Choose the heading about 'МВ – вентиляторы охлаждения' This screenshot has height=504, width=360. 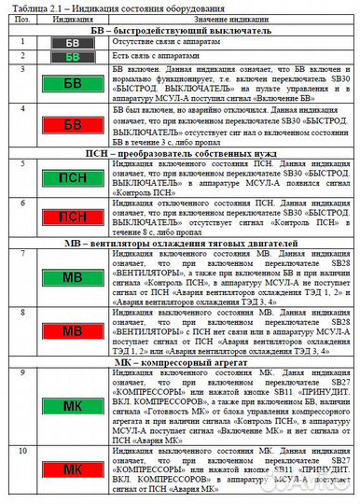click(181, 244)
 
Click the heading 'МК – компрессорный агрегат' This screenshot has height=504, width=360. click(181, 360)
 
